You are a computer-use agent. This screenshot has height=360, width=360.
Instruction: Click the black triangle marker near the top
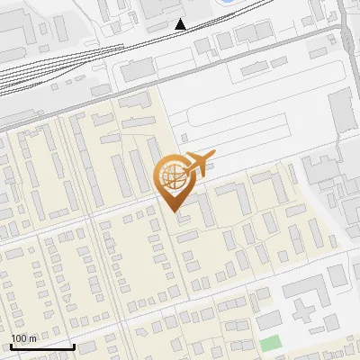[181, 23]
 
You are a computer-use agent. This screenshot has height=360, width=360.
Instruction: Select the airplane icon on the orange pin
[198, 164]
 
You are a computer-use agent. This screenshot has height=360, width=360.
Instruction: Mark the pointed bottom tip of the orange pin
[174, 210]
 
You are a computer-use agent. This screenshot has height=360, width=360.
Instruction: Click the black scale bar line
[43, 346]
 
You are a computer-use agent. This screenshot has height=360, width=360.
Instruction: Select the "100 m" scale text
[24, 338]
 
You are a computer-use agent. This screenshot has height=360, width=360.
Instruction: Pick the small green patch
[270, 343]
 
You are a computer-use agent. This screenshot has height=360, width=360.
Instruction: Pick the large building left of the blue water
[171, 7]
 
